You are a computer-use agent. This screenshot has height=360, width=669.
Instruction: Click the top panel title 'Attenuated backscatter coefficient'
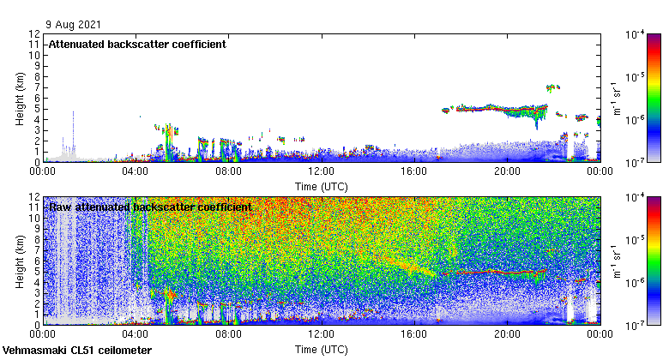click(x=136, y=45)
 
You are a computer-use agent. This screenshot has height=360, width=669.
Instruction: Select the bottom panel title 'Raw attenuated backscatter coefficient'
click(x=149, y=207)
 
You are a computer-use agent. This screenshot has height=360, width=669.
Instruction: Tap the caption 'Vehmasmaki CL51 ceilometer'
click(x=77, y=351)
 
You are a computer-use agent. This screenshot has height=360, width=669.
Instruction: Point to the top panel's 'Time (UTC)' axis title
click(x=322, y=185)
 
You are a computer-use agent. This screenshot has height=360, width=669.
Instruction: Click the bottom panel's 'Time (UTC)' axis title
click(x=322, y=350)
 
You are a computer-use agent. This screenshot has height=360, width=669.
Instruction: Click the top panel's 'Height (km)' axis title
click(x=20, y=98)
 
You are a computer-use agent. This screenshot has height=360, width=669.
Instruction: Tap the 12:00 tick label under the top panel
click(x=322, y=171)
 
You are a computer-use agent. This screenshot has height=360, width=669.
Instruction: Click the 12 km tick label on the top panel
click(x=35, y=34)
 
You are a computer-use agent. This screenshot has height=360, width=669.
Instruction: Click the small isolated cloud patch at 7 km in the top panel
click(x=553, y=87)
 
